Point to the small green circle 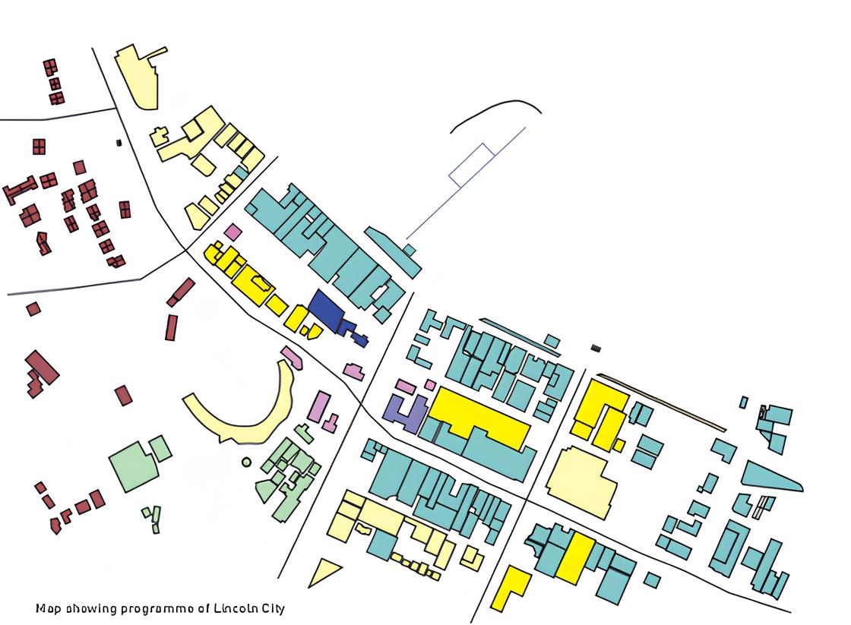point(246,462)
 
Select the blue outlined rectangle point(472,165)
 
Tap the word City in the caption point(271,608)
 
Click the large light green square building point(134,466)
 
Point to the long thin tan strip point(661,402)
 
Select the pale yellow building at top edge point(140,77)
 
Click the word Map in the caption point(48,608)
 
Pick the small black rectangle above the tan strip point(596,348)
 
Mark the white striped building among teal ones point(764,507)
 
